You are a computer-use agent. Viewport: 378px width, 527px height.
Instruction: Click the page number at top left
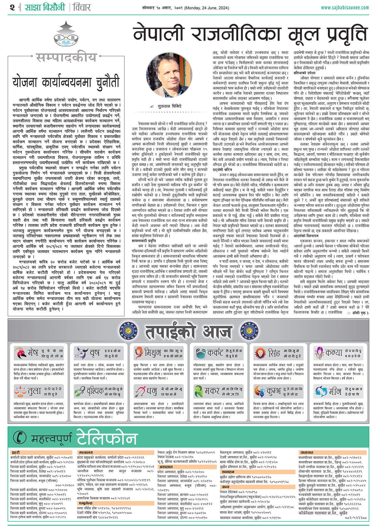pyautogui.click(x=12, y=7)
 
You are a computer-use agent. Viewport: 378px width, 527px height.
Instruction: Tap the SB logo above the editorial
pyautogui.click(x=66, y=37)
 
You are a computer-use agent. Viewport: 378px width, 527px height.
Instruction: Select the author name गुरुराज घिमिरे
pyautogui.click(x=170, y=107)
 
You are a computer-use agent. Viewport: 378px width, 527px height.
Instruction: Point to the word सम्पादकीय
pyautogui.click(x=66, y=58)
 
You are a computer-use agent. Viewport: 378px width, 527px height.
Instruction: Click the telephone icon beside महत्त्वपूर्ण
pyautogui.click(x=20, y=437)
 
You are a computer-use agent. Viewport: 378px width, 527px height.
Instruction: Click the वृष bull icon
pyautogui.click(x=81, y=353)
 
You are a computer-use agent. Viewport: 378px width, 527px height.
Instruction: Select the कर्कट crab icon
pyautogui.click(x=200, y=353)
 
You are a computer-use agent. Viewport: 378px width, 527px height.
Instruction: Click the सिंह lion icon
pyautogui.click(x=261, y=353)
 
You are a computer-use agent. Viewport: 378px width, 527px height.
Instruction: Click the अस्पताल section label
pyautogui.click(x=166, y=467)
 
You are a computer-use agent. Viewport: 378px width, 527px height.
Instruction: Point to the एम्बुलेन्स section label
pyautogui.click(x=86, y=503)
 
